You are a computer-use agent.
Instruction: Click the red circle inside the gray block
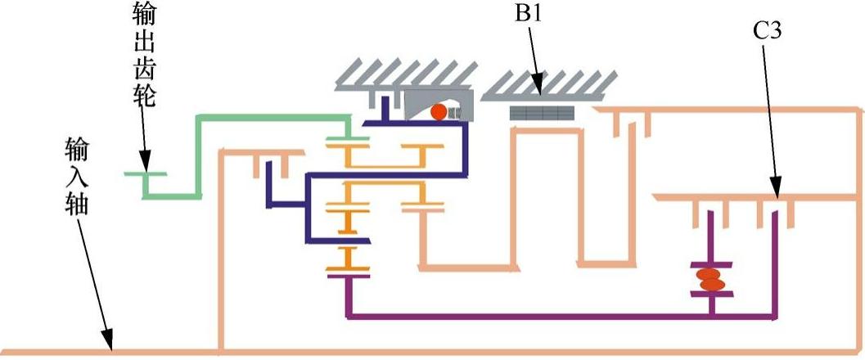[439, 111]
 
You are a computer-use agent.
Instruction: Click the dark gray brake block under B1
[542, 113]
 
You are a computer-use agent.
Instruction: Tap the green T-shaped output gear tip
[144, 174]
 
